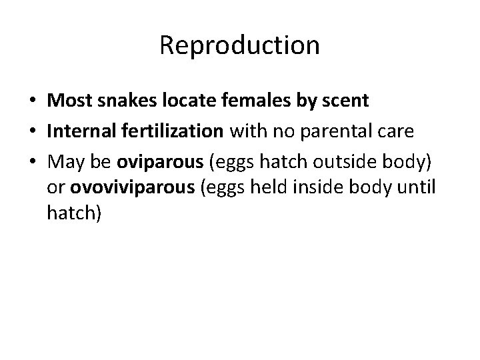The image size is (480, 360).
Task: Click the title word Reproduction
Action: click(240, 46)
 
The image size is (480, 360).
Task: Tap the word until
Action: click(418, 189)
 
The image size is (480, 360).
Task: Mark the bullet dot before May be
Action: click(33, 163)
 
